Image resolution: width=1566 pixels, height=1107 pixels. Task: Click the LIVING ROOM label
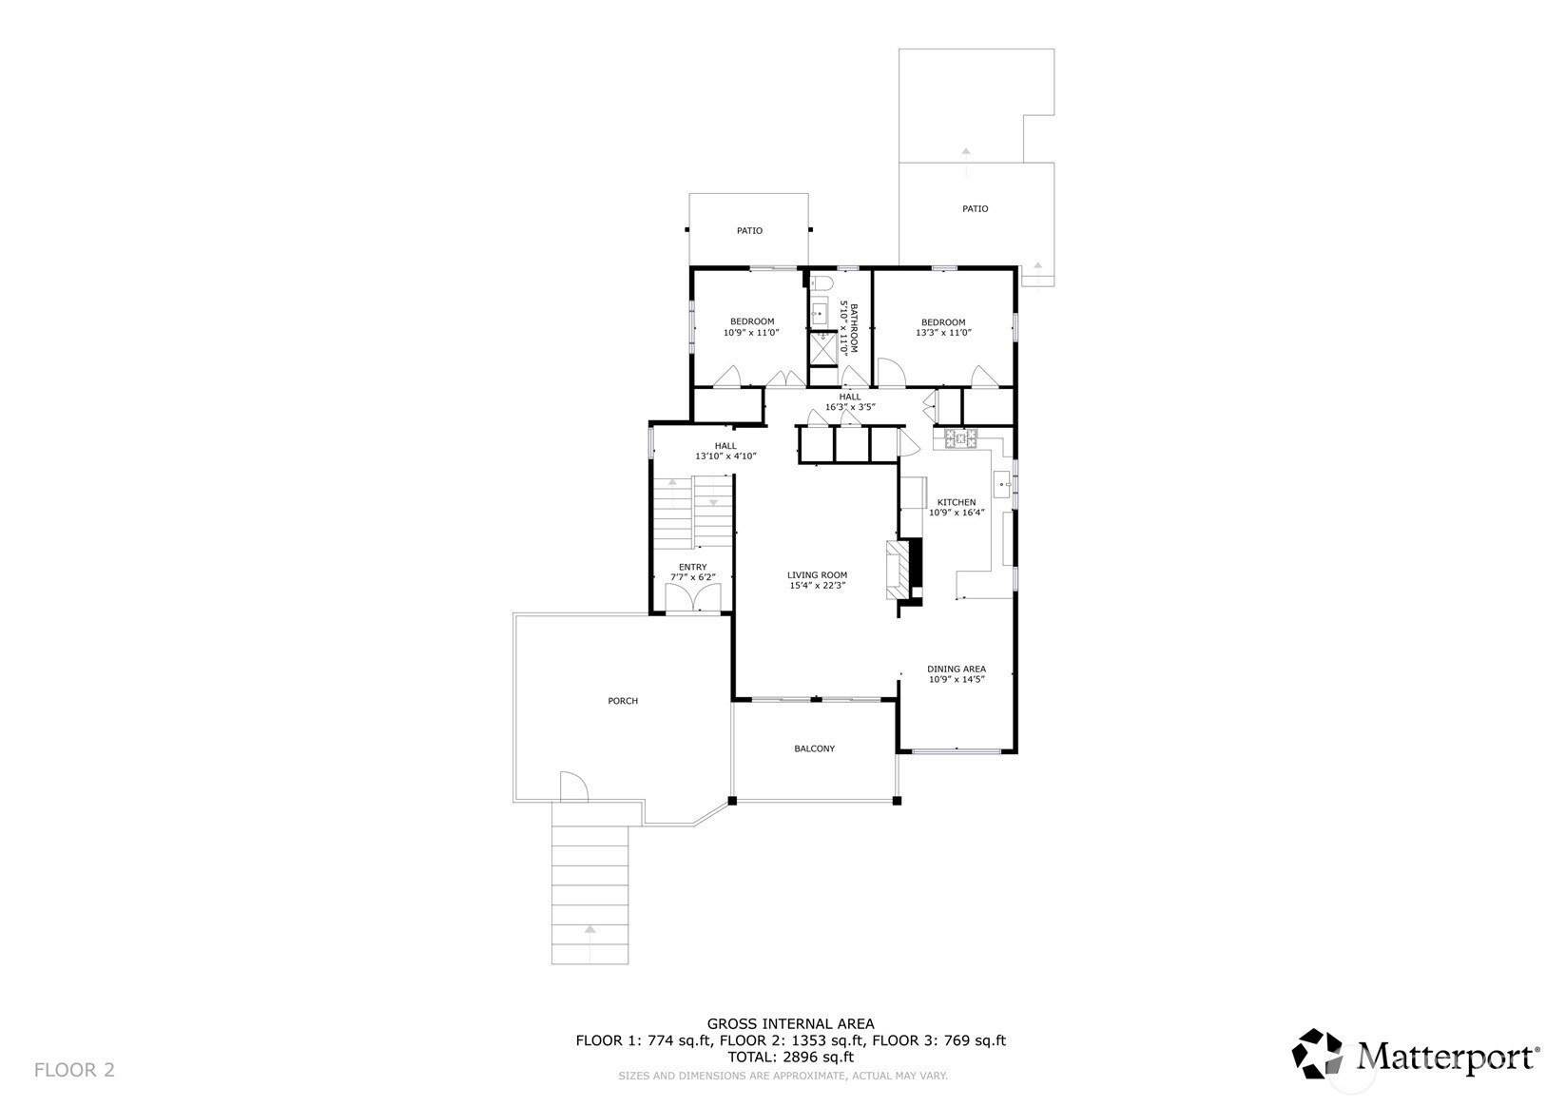(818, 574)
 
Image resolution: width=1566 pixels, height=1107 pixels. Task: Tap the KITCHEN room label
(957, 502)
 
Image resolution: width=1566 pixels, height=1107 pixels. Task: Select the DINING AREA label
(957, 669)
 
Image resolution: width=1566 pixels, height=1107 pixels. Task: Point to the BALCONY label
(815, 748)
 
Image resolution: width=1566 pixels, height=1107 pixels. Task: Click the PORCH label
(623, 701)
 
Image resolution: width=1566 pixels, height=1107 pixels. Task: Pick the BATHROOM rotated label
(854, 328)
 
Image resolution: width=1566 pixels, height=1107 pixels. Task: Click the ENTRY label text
(693, 567)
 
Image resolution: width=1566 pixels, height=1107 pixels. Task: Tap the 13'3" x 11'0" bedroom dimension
(944, 333)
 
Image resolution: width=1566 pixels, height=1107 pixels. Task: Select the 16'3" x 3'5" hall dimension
(850, 407)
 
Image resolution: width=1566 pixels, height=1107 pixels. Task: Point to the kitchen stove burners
(961, 438)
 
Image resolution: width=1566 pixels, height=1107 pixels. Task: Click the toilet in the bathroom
(821, 282)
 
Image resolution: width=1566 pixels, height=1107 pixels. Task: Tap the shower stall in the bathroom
(822, 348)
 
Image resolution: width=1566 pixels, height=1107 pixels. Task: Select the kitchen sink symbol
(1002, 484)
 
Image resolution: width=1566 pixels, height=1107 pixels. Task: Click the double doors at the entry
(693, 597)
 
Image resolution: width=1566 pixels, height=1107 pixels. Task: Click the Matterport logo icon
(1317, 1053)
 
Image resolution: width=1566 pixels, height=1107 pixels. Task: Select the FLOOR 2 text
(74, 1070)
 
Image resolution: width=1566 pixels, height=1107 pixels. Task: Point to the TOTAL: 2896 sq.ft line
(791, 1058)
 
